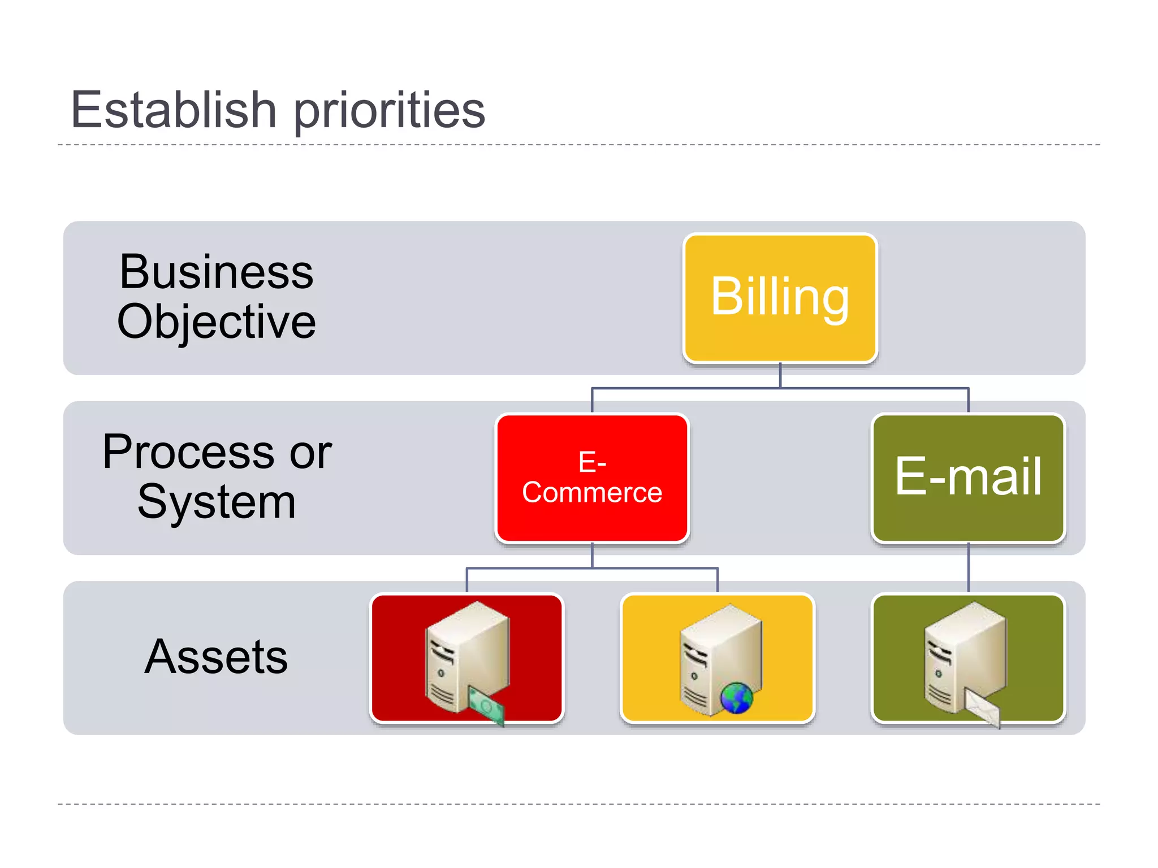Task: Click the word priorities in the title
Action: (390, 111)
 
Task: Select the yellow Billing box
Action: (780, 298)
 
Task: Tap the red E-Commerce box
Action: (592, 478)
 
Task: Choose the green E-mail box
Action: (968, 478)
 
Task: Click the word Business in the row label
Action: (216, 272)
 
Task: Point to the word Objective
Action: (216, 322)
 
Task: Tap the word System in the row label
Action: (216, 502)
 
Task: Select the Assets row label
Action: (216, 657)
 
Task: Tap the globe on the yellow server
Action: (737, 698)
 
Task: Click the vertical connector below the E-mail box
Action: (968, 567)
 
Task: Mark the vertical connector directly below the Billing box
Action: (780, 375)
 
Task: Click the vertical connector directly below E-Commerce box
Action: (592, 555)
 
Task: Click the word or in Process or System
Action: (310, 453)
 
